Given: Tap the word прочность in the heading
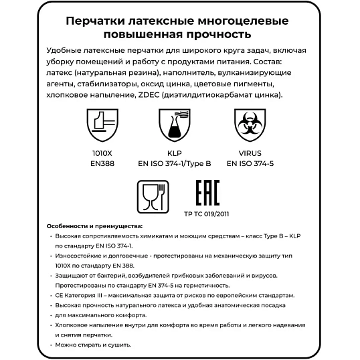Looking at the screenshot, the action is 220,33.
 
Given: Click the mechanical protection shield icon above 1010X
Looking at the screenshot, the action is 102,126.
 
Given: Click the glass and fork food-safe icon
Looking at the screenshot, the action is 153,196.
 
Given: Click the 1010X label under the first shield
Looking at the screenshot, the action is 102,152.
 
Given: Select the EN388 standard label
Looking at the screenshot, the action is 102,161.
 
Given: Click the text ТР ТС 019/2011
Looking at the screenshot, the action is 207,215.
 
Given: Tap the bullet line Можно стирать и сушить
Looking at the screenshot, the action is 93,345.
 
